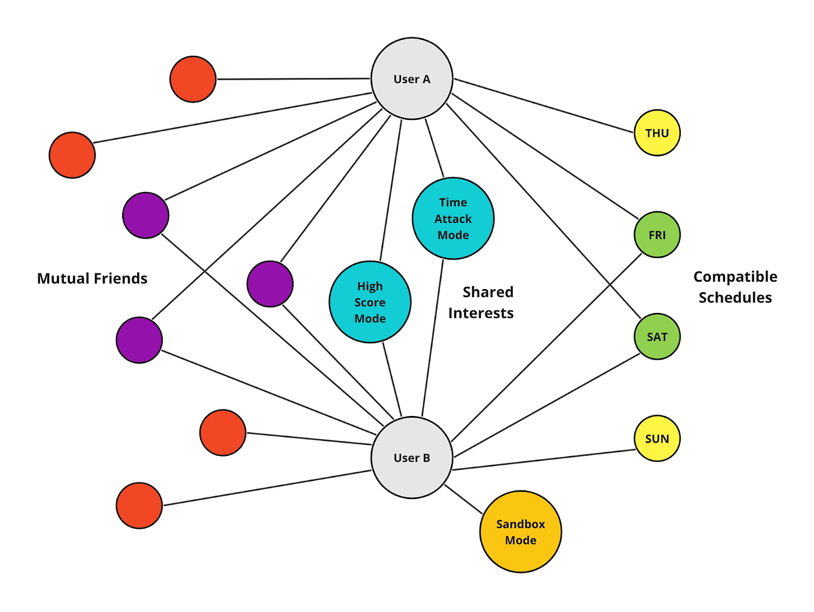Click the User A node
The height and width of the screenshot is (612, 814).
(x=412, y=79)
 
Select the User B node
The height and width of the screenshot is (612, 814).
(x=412, y=457)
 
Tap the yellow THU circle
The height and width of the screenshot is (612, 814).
(x=656, y=133)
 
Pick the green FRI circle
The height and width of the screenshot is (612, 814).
(x=656, y=234)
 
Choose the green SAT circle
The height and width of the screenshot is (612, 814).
(x=656, y=336)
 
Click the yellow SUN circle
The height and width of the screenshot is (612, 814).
(x=656, y=438)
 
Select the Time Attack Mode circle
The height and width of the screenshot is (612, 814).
(x=453, y=218)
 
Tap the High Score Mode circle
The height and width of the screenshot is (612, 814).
(x=370, y=302)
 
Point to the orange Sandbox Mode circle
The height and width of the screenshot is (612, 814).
(x=520, y=532)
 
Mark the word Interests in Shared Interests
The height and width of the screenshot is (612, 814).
(x=481, y=313)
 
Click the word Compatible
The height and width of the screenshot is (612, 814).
(x=735, y=277)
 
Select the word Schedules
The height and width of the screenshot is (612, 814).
(x=735, y=298)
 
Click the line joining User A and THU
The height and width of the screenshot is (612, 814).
(x=544, y=106)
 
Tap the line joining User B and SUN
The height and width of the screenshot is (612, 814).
(x=544, y=460)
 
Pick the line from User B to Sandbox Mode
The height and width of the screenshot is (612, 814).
(x=463, y=499)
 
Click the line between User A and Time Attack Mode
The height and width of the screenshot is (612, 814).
(x=434, y=148)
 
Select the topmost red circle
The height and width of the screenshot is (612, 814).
(x=193, y=79)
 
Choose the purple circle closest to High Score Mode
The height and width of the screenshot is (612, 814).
(x=270, y=284)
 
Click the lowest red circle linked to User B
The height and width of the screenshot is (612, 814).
(x=139, y=506)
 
